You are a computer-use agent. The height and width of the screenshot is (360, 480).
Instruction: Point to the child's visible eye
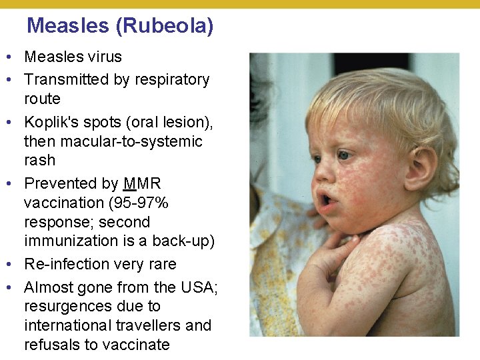tap(344, 155)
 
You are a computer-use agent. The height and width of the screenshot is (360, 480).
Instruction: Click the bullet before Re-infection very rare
tap(13, 264)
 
